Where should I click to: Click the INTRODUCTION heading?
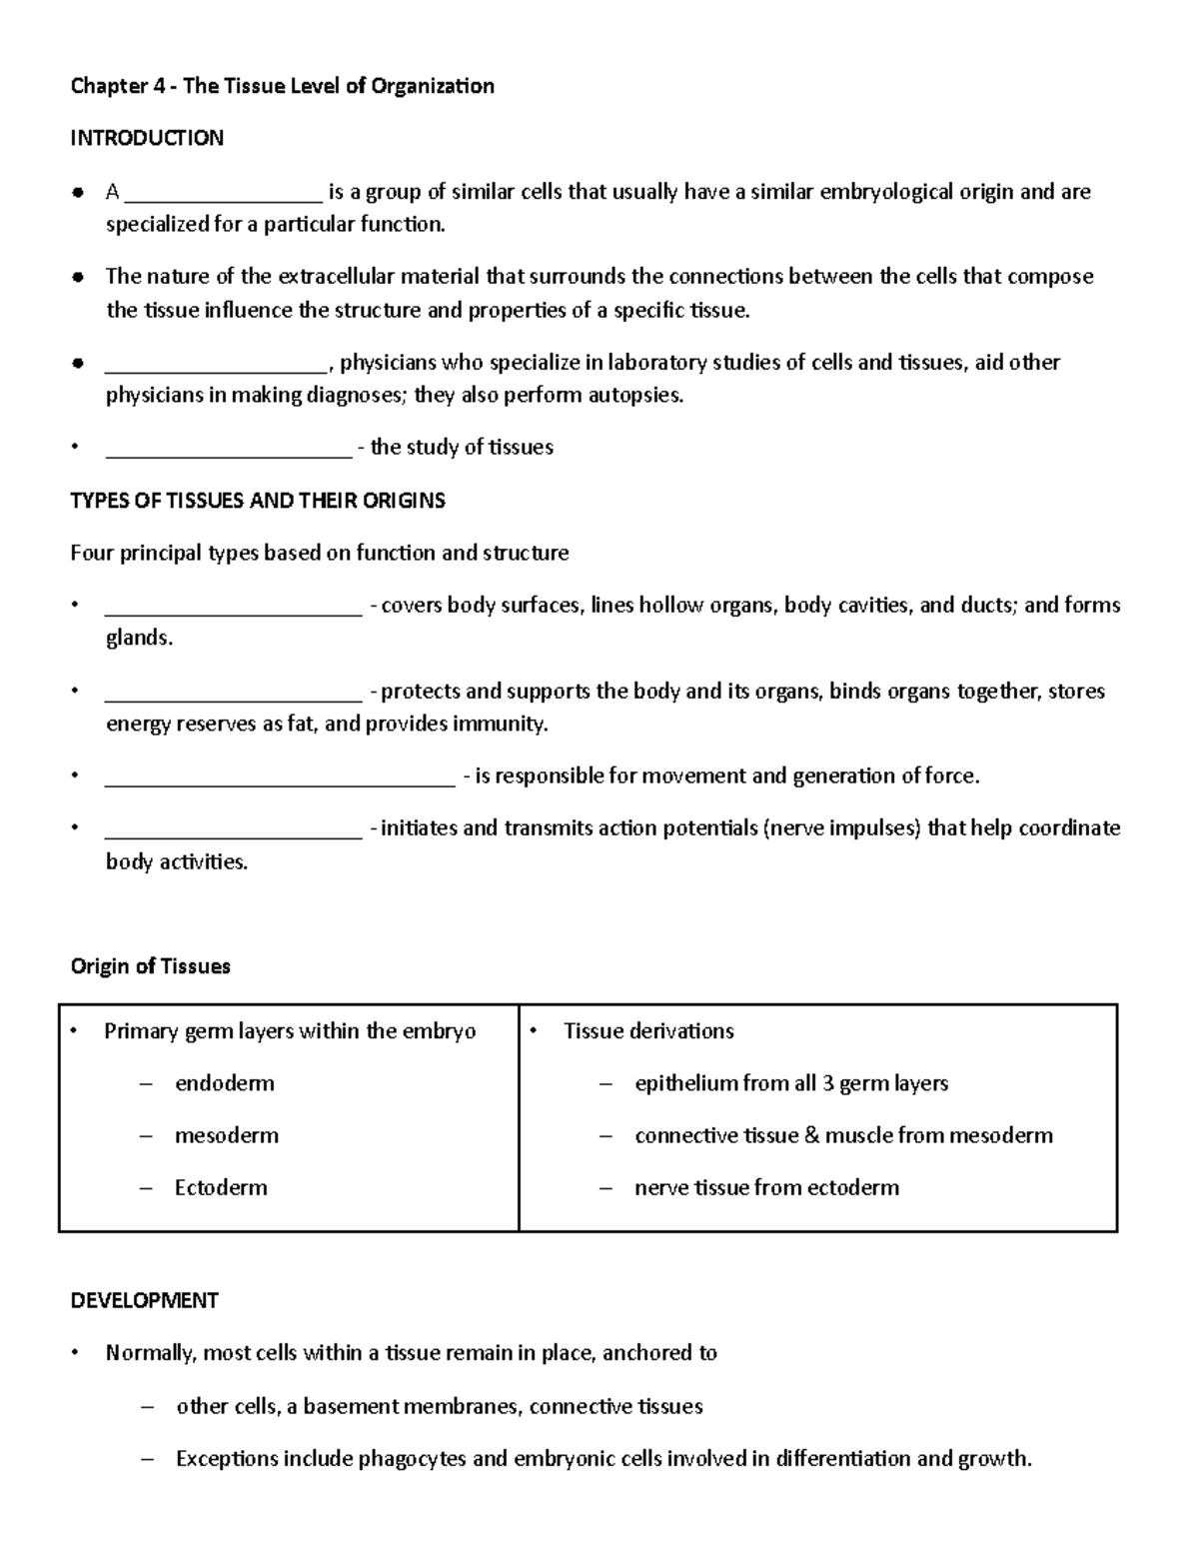click(147, 138)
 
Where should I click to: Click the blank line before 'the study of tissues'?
click(229, 448)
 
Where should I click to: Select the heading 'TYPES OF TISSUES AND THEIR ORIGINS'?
click(258, 501)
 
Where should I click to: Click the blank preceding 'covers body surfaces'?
click(233, 606)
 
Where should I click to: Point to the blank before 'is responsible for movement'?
click(280, 776)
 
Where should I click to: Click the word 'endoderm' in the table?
click(224, 1083)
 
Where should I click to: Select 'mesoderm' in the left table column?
click(227, 1135)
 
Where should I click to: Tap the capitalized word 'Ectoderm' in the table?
click(221, 1187)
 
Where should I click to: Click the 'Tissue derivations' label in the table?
click(648, 1031)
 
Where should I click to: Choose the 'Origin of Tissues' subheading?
click(151, 966)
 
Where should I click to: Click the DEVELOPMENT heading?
click(145, 1300)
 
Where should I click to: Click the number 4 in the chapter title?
click(159, 86)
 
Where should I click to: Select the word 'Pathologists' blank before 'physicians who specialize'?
click(216, 363)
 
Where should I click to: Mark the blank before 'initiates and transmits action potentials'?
click(233, 828)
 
